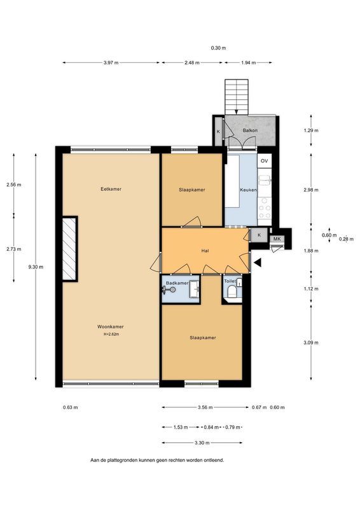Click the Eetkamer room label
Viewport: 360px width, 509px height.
pos(111,189)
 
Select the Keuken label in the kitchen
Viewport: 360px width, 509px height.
pos(248,190)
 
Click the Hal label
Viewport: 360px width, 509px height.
pos(205,251)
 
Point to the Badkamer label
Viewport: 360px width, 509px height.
pos(177,282)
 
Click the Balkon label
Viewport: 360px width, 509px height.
pos(250,130)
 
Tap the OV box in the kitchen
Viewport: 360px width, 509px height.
pos(265,161)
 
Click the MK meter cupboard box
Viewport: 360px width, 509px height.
pos(277,239)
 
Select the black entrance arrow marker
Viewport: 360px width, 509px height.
pos(257,261)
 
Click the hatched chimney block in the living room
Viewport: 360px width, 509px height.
pos(69,249)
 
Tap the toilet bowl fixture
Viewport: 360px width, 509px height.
pos(233,292)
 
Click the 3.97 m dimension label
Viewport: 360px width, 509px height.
pos(111,62)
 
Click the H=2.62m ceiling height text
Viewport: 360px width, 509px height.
pos(111,334)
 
